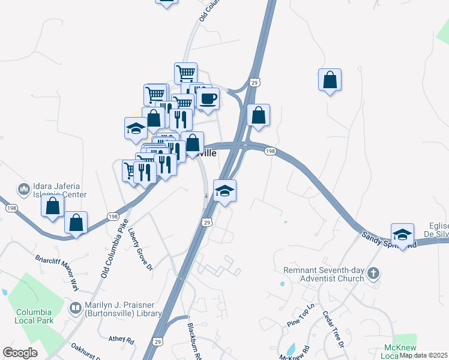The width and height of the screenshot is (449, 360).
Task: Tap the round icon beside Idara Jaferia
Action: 24,190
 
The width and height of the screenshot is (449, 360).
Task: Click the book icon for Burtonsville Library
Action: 75,309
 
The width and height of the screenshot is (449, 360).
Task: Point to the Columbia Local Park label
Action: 34,316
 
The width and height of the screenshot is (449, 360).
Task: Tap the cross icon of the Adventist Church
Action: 373,274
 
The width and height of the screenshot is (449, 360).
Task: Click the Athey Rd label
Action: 121,339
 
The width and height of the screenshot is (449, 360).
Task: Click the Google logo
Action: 20,353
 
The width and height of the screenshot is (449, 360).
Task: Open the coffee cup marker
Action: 208,98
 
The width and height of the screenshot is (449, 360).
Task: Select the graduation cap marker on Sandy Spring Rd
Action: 402,234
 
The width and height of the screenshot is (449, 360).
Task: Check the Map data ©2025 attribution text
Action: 424,355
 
